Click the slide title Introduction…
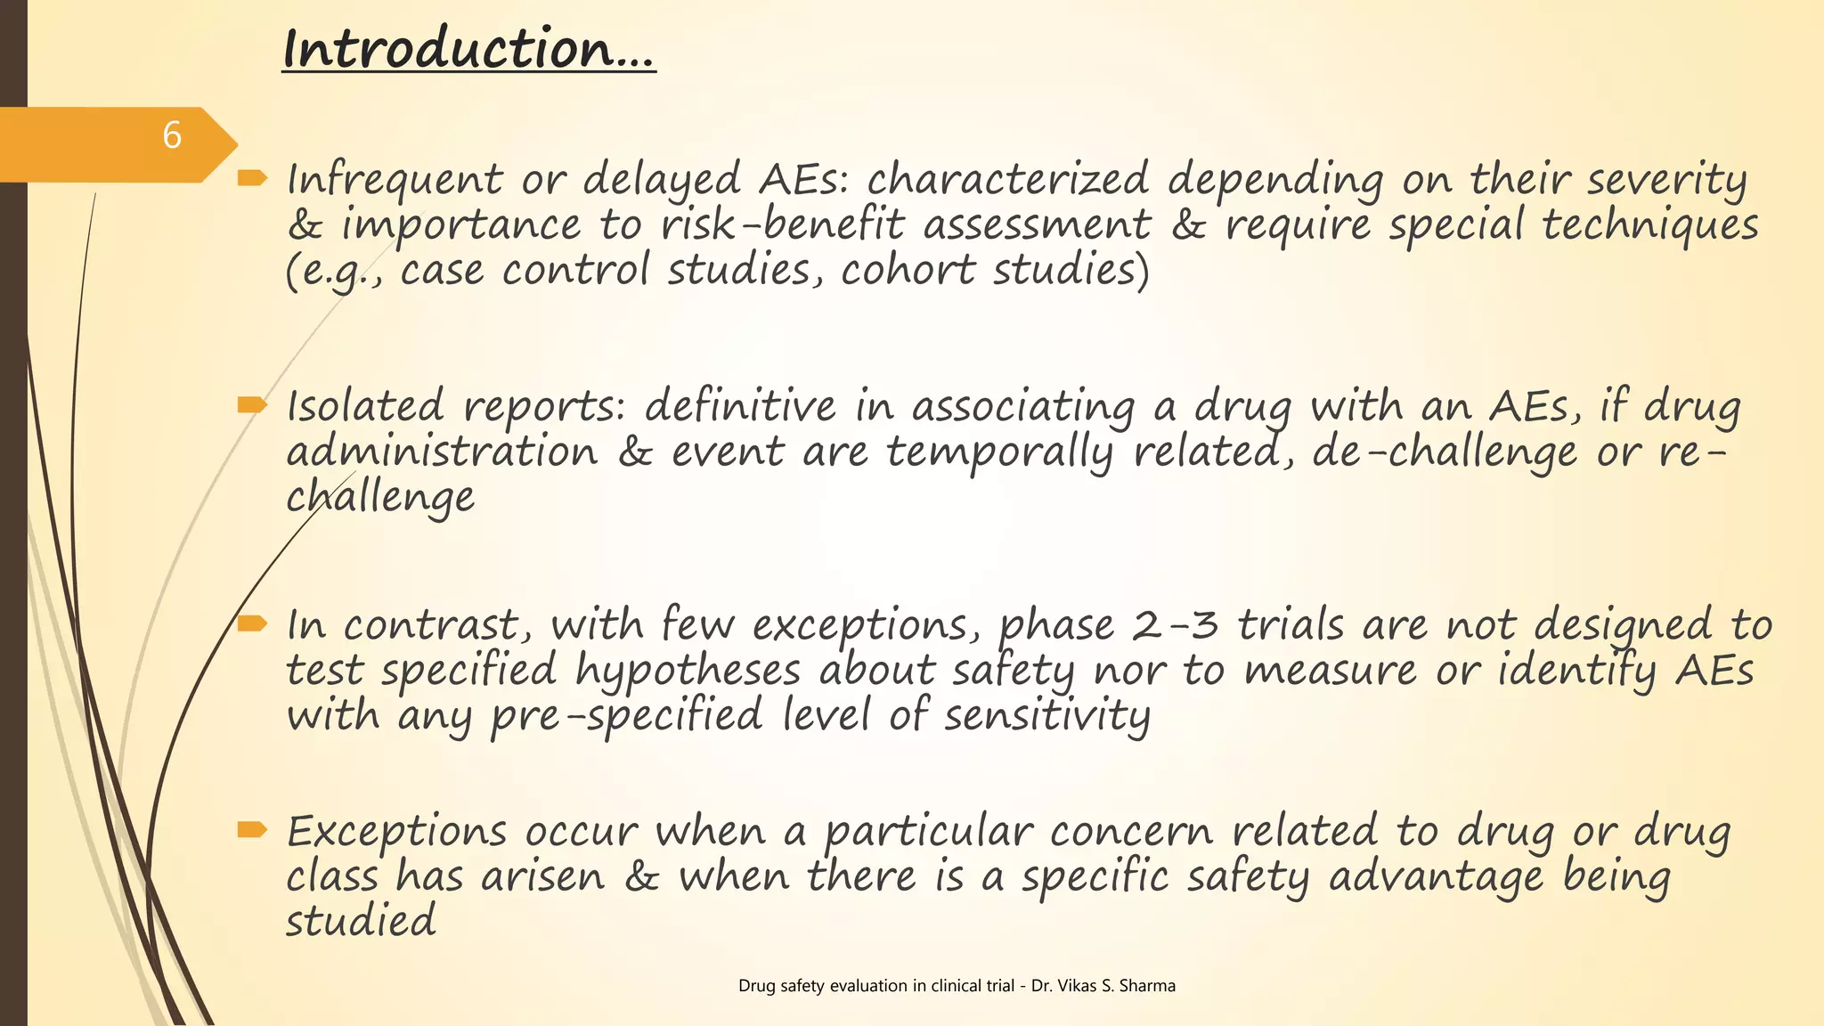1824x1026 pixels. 468,49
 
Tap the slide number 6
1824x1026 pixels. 172,136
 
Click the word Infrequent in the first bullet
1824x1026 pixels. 395,180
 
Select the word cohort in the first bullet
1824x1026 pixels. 908,270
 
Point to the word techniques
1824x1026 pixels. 1650,224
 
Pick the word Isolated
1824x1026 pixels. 365,407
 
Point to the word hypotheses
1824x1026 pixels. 688,671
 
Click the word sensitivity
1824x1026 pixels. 1047,716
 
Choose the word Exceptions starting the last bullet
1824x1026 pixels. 396,832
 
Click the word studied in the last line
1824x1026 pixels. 361,921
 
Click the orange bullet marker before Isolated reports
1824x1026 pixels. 252,406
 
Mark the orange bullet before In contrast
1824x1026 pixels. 252,623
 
